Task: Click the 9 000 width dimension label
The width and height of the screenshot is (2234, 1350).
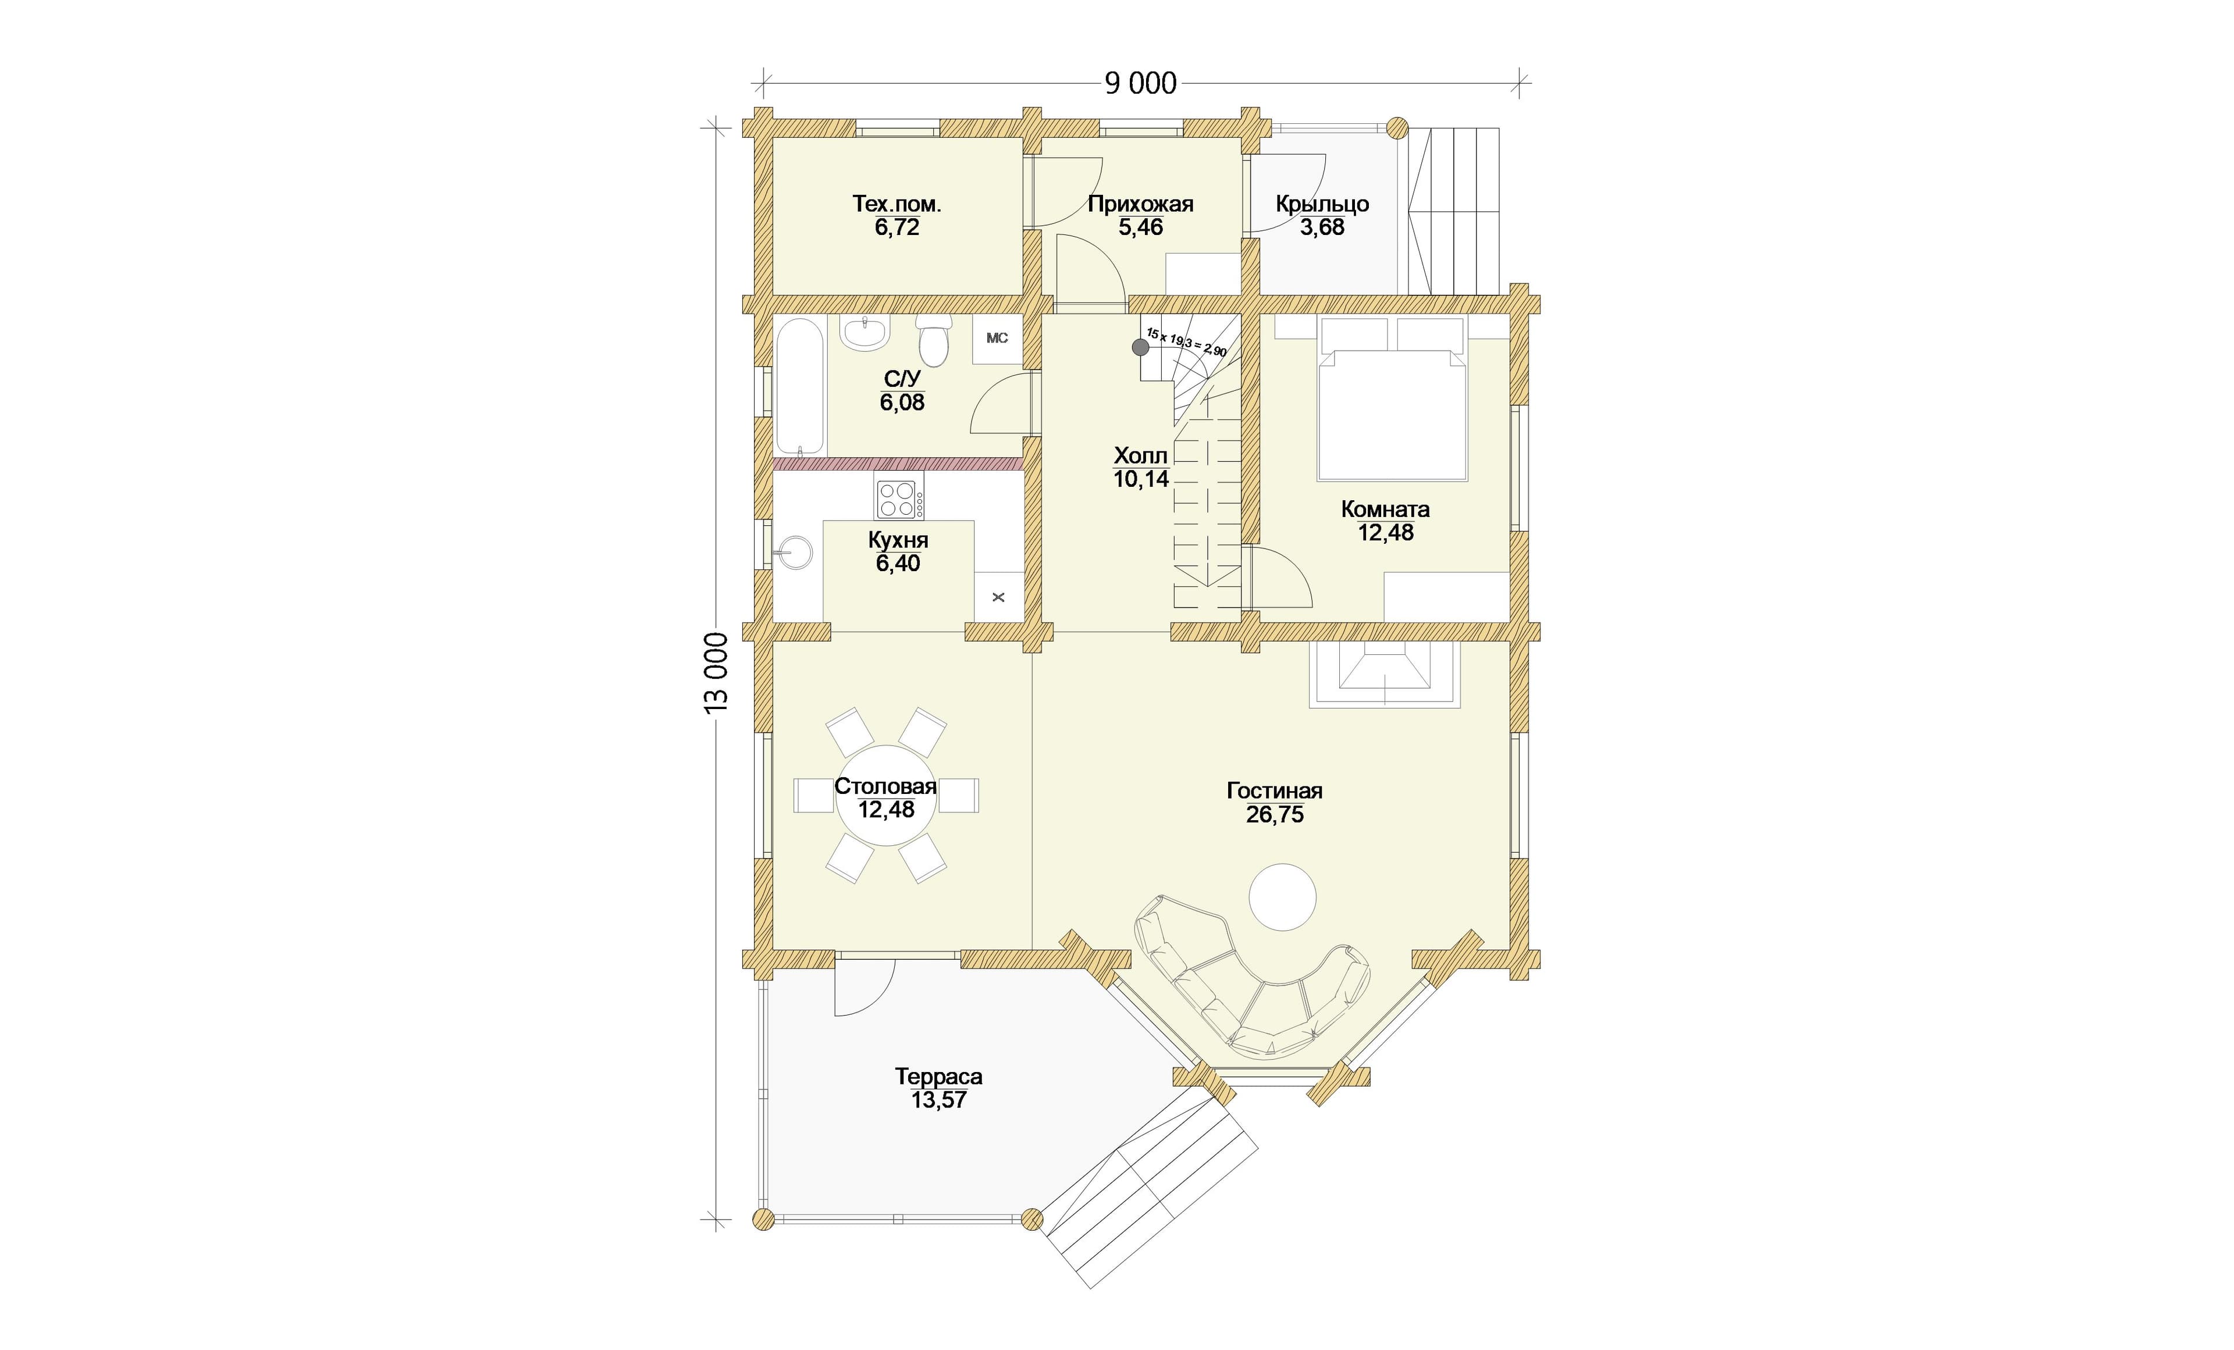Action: [1141, 83]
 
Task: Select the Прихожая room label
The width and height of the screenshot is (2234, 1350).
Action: [1141, 204]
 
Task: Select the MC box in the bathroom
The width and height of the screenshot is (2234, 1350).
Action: [997, 338]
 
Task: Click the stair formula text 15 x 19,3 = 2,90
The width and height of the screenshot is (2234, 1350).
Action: [1187, 342]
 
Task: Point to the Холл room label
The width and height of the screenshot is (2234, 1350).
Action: [1141, 455]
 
